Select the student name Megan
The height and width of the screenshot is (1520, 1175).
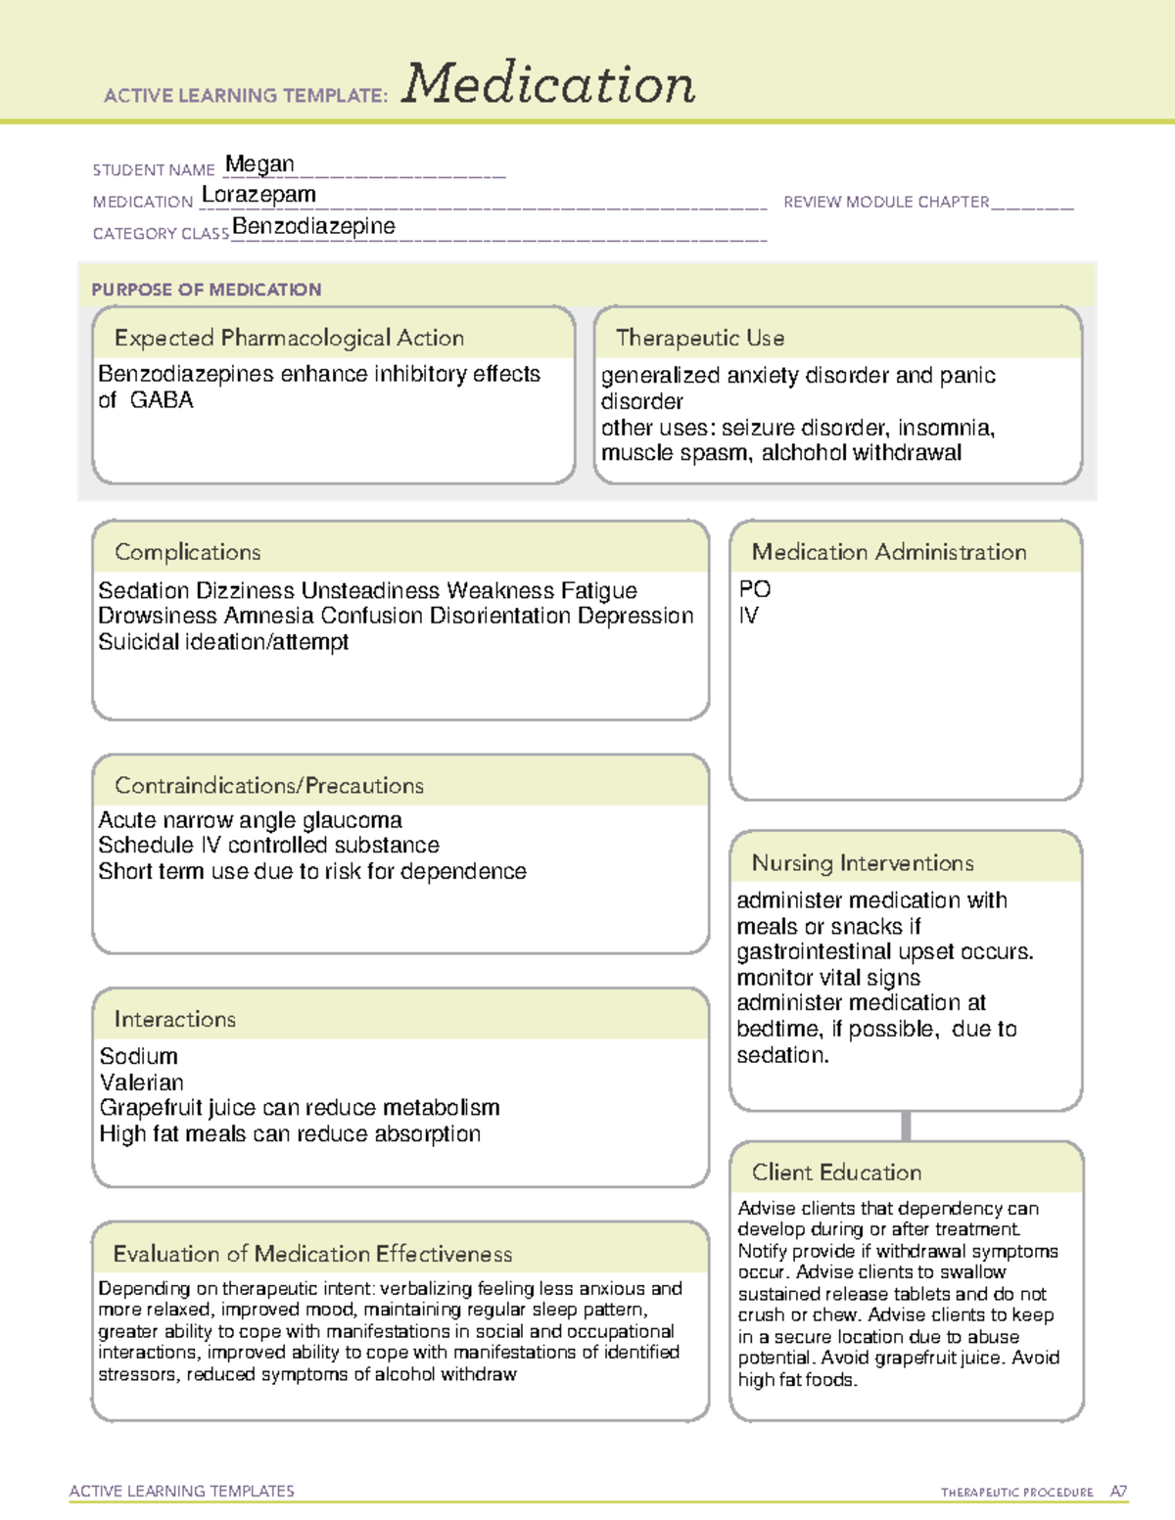click(259, 164)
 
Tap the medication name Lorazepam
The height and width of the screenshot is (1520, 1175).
click(258, 195)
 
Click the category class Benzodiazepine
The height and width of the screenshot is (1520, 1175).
click(313, 226)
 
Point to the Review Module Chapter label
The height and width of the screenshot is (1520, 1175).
click(886, 202)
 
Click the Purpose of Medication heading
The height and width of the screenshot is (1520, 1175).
click(207, 290)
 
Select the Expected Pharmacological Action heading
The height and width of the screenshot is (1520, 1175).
click(289, 338)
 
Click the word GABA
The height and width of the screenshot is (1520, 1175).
click(162, 400)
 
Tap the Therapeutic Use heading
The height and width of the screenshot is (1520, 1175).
click(700, 338)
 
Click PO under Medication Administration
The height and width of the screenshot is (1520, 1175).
click(755, 589)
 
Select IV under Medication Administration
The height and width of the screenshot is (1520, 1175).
click(749, 616)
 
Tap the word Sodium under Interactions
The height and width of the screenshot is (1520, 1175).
click(139, 1057)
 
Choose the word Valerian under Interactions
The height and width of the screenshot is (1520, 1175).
click(142, 1082)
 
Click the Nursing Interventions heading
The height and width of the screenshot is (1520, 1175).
click(863, 863)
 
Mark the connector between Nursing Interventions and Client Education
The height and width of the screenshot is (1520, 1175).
click(906, 1126)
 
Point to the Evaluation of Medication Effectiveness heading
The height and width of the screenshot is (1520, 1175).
click(312, 1254)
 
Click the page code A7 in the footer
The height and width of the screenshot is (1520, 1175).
click(1117, 1492)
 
